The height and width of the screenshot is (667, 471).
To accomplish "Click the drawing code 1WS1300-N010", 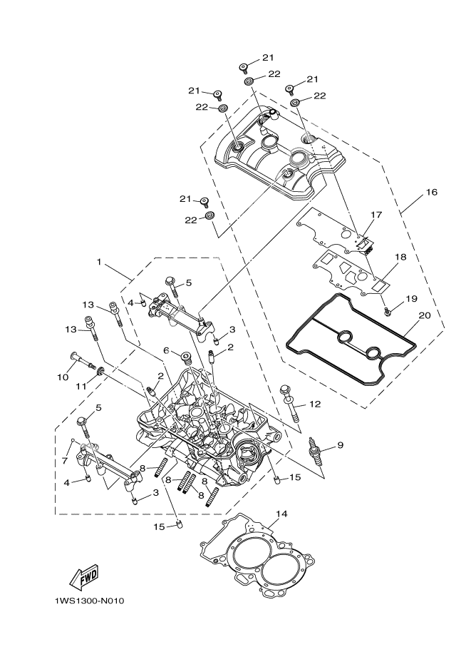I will pos(89,601).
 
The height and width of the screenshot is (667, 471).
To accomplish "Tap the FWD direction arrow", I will pos(83,575).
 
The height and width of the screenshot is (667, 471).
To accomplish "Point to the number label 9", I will pos(340,445).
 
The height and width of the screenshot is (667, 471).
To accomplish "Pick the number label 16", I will pos(432,193).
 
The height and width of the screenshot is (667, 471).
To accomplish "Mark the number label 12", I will pos(314,404).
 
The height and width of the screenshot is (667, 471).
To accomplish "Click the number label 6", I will pos(166,350).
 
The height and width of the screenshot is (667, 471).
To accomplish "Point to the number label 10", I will pos(63,376).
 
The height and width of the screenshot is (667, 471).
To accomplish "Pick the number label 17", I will pos(377,214).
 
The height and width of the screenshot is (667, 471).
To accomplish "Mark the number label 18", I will pos(400,256).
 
